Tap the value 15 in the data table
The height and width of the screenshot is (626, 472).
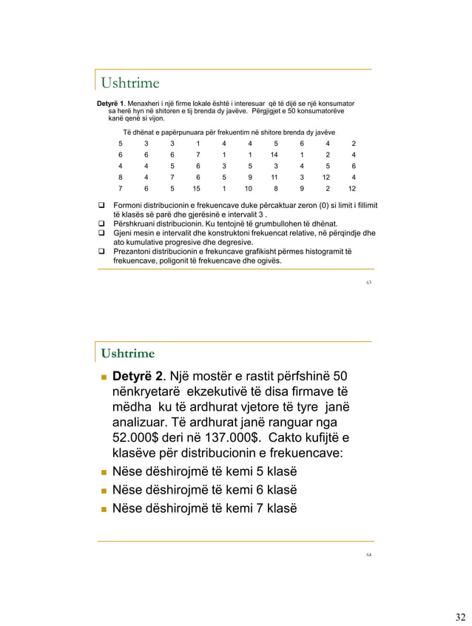point(197,188)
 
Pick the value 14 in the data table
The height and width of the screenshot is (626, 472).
point(274,155)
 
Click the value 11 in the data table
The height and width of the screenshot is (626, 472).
point(274,177)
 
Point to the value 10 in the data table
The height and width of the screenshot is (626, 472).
point(249,188)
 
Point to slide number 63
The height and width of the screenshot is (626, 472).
point(368,282)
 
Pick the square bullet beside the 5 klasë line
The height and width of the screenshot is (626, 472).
point(104,472)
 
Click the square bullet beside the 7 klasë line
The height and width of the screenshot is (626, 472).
point(104,510)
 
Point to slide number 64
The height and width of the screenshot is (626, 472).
point(368,553)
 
